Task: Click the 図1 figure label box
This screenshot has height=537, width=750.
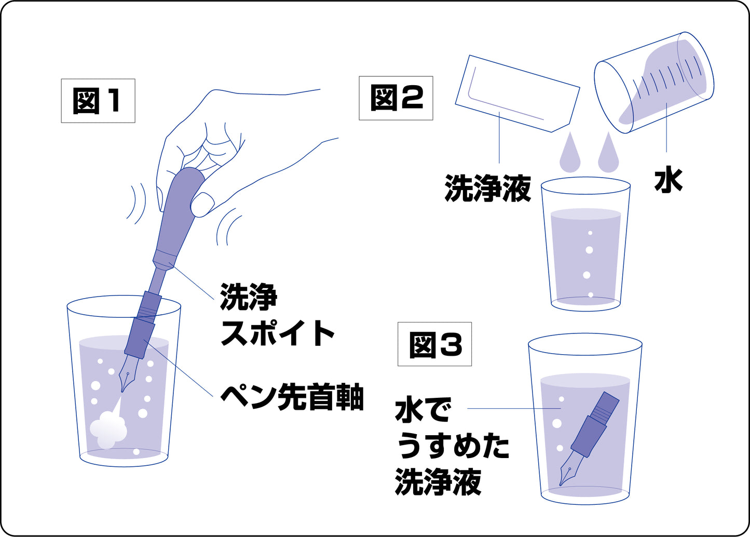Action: (98, 101)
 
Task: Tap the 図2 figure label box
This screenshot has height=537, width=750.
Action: (396, 98)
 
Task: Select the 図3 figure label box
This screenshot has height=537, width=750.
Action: (434, 344)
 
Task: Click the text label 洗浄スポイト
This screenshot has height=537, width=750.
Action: (276, 315)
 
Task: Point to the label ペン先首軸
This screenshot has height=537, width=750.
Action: (292, 398)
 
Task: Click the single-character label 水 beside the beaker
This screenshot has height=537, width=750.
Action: (668, 181)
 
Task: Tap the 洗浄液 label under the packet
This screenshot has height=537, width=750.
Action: (488, 188)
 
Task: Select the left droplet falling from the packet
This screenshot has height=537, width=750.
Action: (570, 154)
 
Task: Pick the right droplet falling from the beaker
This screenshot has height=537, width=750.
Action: (608, 154)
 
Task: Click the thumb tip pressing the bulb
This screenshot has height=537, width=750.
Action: (203, 205)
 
